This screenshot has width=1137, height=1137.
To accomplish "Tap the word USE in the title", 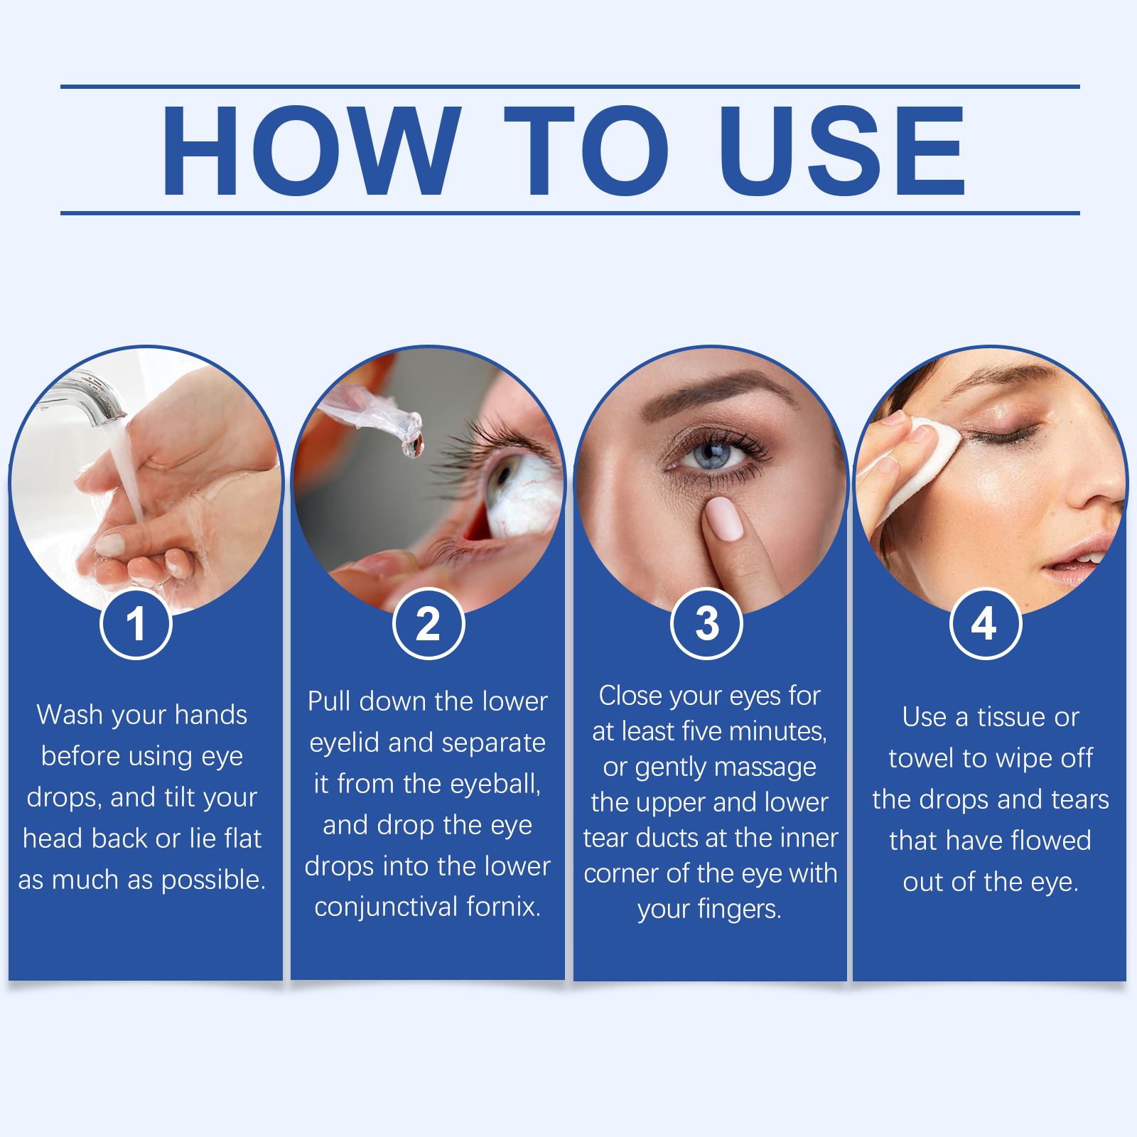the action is pos(843,151).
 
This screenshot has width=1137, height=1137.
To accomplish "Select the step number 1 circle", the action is pos(136,624).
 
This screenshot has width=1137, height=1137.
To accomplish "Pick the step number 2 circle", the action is pos(429,624).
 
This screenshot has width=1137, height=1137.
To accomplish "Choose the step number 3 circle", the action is pos(707,624).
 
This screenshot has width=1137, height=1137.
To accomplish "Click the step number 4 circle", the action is pos(986,624).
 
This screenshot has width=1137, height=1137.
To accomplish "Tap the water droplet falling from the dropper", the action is pos(413,446).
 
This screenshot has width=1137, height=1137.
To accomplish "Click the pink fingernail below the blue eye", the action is pos(725,519).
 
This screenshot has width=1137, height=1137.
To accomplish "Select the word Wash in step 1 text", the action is pos(70,715).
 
